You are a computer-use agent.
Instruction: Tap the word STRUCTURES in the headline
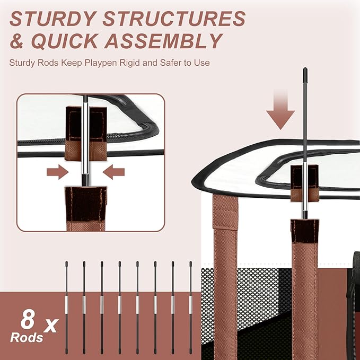click(174, 19)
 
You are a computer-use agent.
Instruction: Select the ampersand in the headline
click(17, 41)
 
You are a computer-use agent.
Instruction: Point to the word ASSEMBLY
click(163, 41)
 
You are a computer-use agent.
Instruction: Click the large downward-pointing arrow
click(280, 110)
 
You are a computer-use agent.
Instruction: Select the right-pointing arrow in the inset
click(58, 172)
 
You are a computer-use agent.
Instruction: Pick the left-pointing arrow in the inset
click(113, 172)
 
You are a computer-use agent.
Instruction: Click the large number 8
click(28, 319)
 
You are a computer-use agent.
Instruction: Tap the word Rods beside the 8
click(27, 338)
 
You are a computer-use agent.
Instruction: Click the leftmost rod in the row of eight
click(67, 308)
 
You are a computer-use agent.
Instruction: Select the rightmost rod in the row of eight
click(190, 308)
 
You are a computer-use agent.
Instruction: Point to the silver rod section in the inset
click(85, 138)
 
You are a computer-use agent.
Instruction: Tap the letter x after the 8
click(51, 326)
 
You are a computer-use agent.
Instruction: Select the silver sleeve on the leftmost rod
click(67, 305)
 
